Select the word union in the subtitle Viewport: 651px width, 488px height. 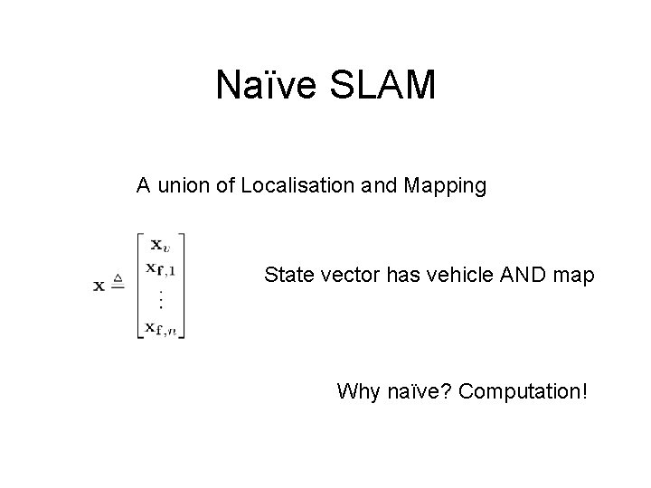(183, 187)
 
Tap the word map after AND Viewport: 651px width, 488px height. (572, 276)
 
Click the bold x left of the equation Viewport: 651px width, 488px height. (99, 286)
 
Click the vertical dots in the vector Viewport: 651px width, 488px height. (159, 297)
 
